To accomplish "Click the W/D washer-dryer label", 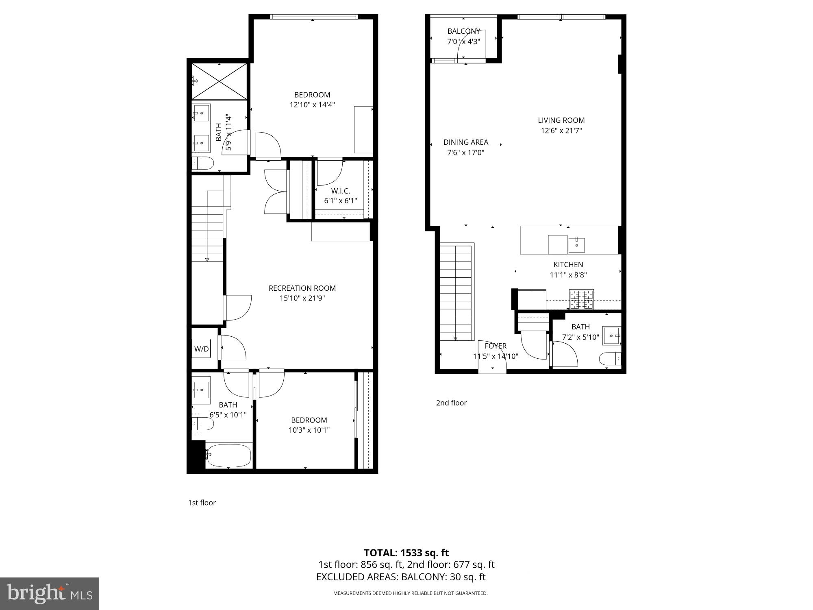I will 201,349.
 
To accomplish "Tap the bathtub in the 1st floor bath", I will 229,455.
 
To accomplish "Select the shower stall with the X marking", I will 219,81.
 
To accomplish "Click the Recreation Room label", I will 302,288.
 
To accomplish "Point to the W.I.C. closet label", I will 340,191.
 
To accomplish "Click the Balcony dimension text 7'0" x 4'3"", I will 463,41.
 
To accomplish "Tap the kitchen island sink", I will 576,245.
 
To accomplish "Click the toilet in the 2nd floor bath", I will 610,359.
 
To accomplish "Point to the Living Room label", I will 561,120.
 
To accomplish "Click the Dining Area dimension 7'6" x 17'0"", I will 465,153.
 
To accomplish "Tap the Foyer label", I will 496,346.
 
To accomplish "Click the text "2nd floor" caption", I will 451,403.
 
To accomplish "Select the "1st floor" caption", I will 202,503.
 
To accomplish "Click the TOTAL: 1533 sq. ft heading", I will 406,553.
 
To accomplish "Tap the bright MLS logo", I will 50,594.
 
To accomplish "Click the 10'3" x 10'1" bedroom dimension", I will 309,430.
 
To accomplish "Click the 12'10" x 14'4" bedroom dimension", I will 312,105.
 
